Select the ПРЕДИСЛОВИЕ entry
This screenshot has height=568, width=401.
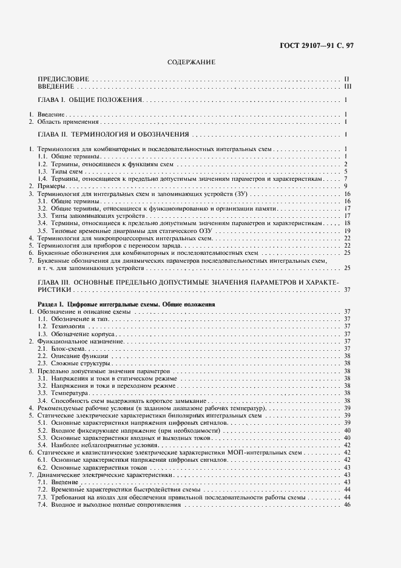tap(63, 79)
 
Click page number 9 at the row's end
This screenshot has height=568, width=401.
tap(345, 186)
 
